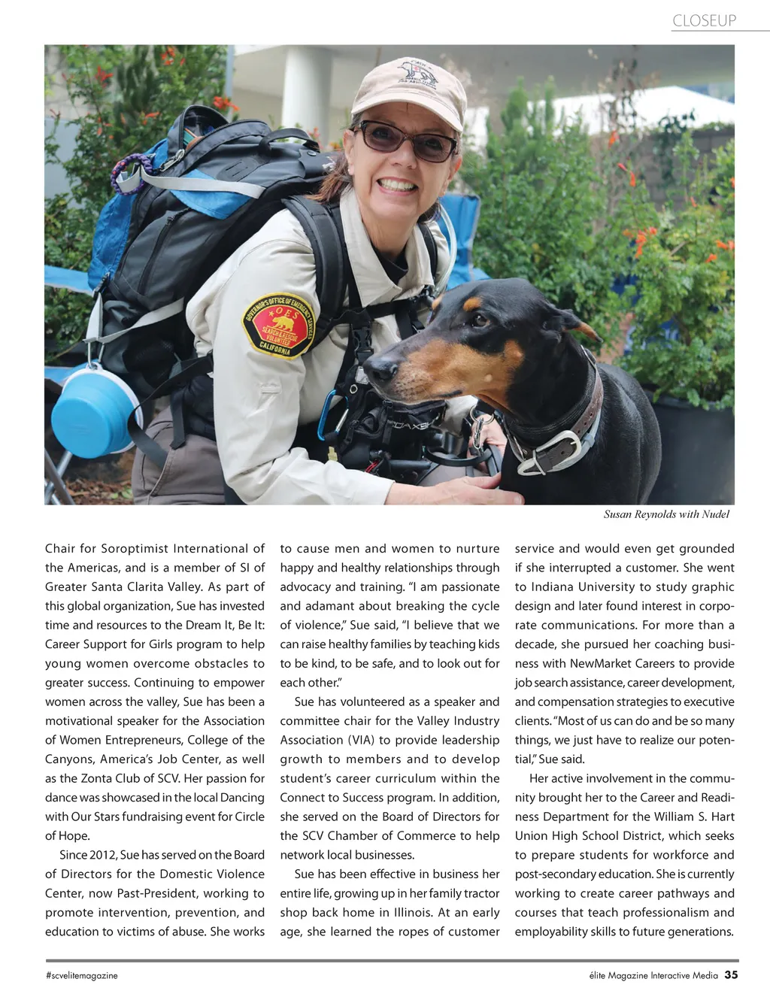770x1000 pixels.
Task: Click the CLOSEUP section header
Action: pos(704,21)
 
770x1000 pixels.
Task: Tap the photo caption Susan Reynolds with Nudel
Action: pos(666,514)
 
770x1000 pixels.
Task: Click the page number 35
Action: pos(731,975)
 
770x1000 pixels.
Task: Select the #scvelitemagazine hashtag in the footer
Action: pos(81,976)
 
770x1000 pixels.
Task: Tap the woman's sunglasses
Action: pos(406,141)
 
